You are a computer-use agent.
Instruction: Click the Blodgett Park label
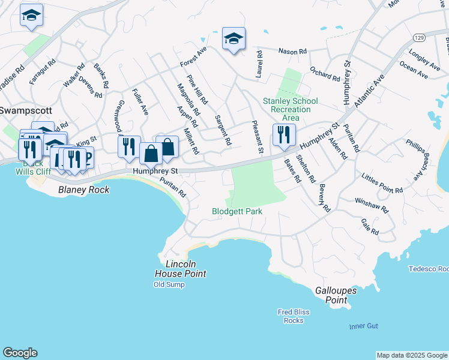click(237, 211)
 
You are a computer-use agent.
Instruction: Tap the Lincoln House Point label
click(180, 269)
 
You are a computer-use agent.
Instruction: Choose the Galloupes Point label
click(336, 295)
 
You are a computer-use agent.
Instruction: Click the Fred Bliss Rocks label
click(294, 316)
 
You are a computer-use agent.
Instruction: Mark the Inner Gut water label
click(364, 326)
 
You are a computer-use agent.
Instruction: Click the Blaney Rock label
click(83, 190)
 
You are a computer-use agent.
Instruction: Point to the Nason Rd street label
click(292, 51)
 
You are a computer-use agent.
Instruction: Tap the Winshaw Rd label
click(372, 206)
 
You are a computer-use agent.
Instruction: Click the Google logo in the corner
click(20, 353)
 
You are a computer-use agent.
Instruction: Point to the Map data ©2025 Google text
click(412, 355)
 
